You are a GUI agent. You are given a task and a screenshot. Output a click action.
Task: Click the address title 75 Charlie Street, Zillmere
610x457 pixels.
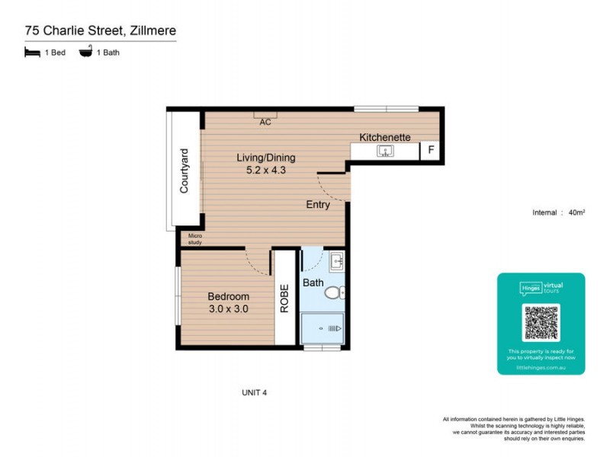pyautogui.click(x=100, y=30)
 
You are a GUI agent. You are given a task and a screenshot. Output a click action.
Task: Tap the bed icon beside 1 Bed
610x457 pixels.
pyautogui.click(x=32, y=53)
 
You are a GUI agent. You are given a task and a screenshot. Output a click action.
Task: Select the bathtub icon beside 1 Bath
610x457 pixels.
pyautogui.click(x=85, y=53)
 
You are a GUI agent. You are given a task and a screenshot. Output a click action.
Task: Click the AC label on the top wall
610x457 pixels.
pyautogui.click(x=265, y=122)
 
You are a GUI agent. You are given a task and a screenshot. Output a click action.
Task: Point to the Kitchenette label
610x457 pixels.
pyautogui.click(x=385, y=137)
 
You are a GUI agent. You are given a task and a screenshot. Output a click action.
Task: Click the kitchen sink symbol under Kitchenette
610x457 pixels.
pyautogui.click(x=385, y=151)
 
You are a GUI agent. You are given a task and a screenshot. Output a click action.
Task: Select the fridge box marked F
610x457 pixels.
pyautogui.click(x=431, y=151)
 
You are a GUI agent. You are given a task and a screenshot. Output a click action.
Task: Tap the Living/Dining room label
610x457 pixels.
pyautogui.click(x=265, y=158)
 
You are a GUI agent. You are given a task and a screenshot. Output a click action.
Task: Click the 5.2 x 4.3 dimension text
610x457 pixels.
pyautogui.click(x=265, y=171)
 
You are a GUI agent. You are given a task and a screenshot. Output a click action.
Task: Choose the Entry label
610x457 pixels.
pyautogui.click(x=318, y=204)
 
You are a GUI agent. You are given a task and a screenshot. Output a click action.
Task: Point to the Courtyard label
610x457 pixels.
pyautogui.click(x=185, y=175)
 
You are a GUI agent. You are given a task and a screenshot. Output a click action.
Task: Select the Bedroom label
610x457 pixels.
pyautogui.click(x=229, y=296)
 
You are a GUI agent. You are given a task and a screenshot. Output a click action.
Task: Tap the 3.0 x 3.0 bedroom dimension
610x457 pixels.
pyautogui.click(x=229, y=309)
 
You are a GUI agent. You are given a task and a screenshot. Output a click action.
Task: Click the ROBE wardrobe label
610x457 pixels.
pyautogui.click(x=284, y=299)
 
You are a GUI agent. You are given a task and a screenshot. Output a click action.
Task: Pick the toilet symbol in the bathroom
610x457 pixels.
pyautogui.click(x=335, y=292)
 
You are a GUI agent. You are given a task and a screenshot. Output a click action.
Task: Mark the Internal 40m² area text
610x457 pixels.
pyautogui.click(x=558, y=213)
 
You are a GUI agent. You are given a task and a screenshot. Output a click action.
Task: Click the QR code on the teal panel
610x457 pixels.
pyautogui.click(x=541, y=322)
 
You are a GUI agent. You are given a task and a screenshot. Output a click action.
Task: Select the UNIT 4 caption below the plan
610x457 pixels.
pyautogui.click(x=254, y=393)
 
